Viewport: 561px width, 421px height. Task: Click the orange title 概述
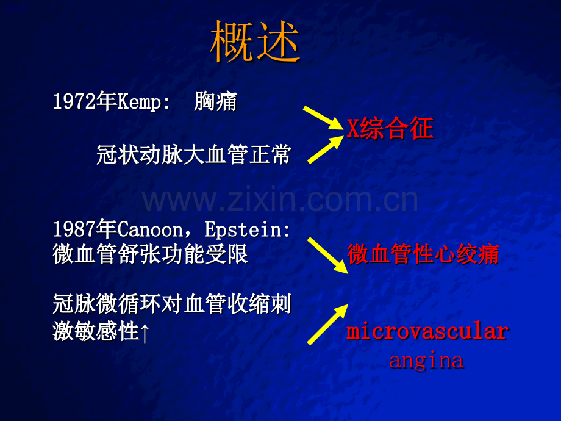[x=255, y=43]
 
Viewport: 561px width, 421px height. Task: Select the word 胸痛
[x=215, y=101]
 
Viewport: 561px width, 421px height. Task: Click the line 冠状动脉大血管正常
[x=193, y=154]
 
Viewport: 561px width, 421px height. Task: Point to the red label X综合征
[x=390, y=129]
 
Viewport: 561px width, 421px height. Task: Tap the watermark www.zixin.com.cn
[x=280, y=200]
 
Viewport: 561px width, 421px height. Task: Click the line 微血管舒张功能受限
[x=151, y=254]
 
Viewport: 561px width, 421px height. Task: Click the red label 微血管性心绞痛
[x=423, y=254]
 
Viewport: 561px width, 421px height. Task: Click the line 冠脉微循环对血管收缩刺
[x=172, y=304]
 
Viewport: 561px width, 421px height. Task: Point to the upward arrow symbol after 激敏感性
[x=145, y=333]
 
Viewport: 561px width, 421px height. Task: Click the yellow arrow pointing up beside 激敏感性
[x=327, y=325]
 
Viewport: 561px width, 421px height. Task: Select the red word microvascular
[x=427, y=331]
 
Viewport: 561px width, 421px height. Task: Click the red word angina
[x=426, y=360]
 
